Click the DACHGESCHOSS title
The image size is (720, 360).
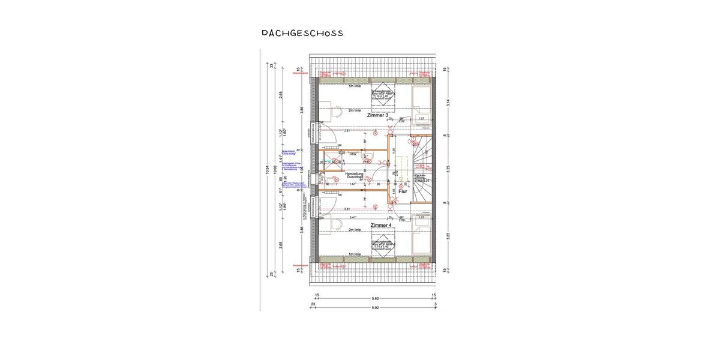(x=302, y=33)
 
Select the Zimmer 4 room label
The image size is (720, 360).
(x=381, y=225)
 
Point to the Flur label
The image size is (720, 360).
(x=403, y=191)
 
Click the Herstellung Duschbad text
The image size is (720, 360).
(x=353, y=175)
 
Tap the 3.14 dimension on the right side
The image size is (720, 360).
(x=448, y=103)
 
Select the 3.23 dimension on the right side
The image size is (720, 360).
(x=448, y=237)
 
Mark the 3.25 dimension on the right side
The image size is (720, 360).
(x=448, y=170)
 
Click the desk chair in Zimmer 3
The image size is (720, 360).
(x=337, y=111)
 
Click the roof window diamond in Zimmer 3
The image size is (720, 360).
(x=382, y=97)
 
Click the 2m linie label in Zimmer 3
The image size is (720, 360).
(x=355, y=110)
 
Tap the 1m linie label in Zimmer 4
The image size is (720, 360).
(x=355, y=254)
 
